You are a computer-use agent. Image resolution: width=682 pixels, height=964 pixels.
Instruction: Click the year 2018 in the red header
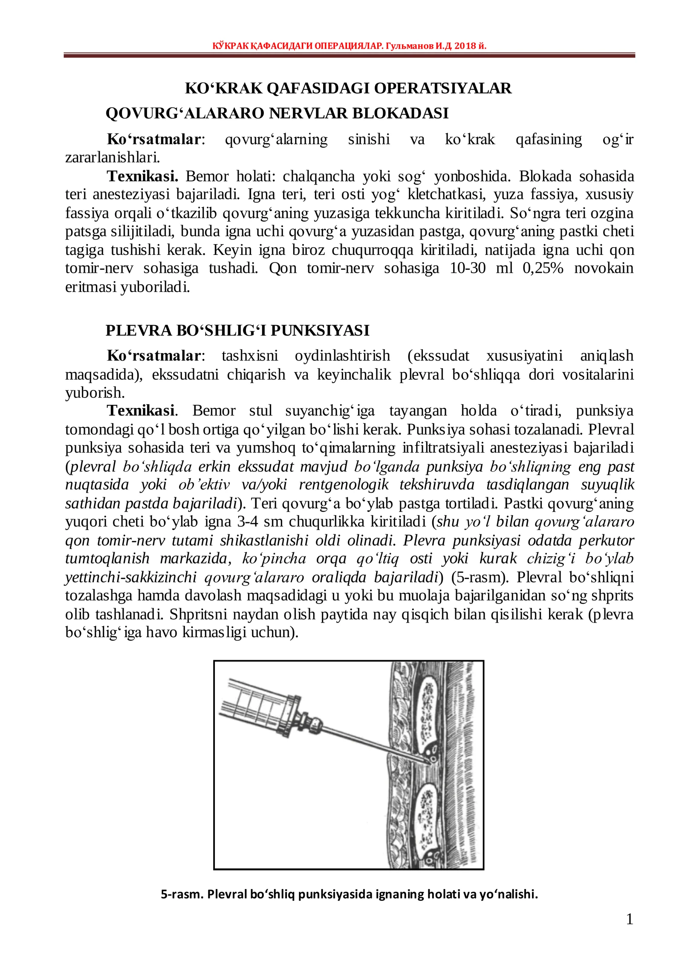[x=465, y=46]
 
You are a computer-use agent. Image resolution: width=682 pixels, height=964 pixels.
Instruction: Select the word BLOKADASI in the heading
[x=400, y=113]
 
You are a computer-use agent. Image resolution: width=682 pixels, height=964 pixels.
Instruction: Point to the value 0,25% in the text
[x=543, y=268]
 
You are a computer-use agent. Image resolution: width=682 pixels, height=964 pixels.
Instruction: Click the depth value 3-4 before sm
[x=248, y=521]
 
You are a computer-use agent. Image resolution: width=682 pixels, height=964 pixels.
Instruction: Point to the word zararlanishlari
[x=112, y=158]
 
